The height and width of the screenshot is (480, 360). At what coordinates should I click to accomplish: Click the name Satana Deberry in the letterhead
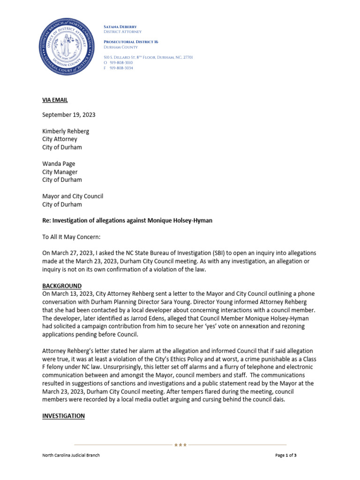(120, 27)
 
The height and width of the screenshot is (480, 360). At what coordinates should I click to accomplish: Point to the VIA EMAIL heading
(55, 100)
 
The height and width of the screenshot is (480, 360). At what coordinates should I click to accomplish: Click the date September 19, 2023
(70, 115)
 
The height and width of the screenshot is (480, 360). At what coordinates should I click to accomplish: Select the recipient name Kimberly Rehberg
(66, 131)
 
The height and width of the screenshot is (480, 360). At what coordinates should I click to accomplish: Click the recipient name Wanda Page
(59, 164)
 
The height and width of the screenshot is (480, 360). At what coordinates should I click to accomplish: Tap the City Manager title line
(60, 172)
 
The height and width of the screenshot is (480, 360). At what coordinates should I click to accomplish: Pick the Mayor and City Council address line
(73, 196)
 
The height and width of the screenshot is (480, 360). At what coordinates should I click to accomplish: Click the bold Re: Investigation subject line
(127, 220)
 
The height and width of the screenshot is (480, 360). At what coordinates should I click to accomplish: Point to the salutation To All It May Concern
(71, 237)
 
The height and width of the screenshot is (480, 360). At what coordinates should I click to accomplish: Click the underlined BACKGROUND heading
(62, 286)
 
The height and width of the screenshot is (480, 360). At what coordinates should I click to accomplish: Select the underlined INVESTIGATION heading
(64, 416)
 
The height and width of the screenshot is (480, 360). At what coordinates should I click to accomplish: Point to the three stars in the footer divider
(180, 444)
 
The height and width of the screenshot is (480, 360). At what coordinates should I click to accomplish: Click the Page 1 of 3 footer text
(285, 455)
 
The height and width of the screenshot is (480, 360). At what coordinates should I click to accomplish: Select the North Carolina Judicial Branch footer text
(71, 455)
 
